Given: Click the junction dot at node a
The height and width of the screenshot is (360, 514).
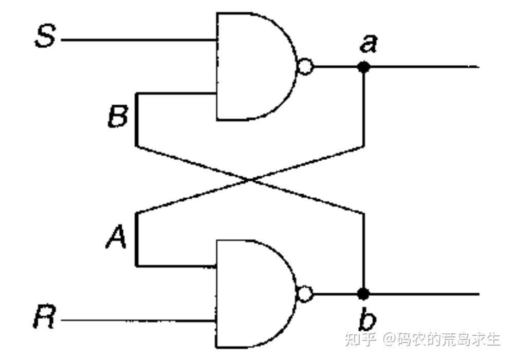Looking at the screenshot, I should (x=364, y=67).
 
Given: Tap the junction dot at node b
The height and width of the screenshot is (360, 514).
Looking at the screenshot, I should (x=363, y=294).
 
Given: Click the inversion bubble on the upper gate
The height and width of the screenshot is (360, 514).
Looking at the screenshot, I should (x=305, y=67).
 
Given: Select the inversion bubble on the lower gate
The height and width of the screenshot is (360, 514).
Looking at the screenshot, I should (x=305, y=294).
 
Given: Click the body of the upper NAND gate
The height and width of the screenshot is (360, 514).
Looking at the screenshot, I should (x=252, y=67).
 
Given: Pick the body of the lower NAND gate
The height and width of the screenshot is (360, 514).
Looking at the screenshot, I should (x=252, y=294).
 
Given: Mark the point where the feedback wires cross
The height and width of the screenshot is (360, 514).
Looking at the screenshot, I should (x=250, y=179).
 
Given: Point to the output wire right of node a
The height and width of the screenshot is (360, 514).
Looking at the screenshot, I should (x=421, y=67).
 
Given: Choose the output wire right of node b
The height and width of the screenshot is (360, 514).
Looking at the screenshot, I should (x=421, y=294).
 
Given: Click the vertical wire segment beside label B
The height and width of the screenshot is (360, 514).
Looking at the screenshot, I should (x=137, y=119).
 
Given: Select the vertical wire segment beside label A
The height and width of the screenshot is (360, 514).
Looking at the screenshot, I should (x=137, y=239).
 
